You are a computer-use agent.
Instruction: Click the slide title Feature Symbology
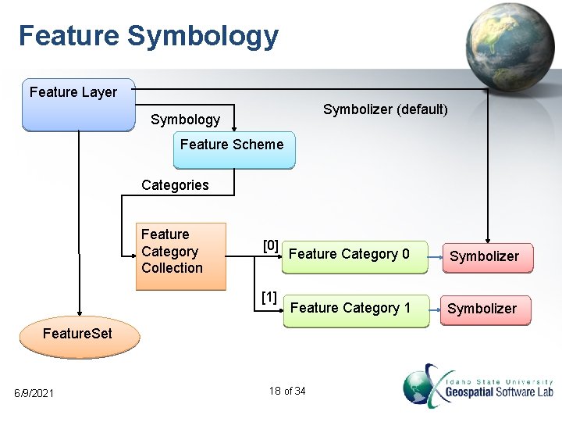[x=148, y=36]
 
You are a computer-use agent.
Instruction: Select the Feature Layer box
[x=78, y=104]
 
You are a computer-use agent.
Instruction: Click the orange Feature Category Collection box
[x=180, y=256]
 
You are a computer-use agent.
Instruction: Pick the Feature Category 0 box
[x=354, y=256]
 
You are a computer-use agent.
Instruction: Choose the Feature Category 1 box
[x=355, y=309]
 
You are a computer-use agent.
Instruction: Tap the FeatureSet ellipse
[x=78, y=334]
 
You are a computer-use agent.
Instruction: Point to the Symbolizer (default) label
[x=386, y=109]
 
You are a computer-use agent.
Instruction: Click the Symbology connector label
[x=185, y=120]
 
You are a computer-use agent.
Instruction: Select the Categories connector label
[x=175, y=185]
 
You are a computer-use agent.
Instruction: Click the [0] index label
[x=270, y=246]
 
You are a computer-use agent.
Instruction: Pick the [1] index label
[x=269, y=297]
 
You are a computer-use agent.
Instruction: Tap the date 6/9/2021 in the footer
[x=34, y=392]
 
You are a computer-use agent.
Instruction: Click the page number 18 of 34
[x=286, y=391]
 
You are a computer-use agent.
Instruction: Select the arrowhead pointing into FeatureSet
[x=78, y=313]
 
